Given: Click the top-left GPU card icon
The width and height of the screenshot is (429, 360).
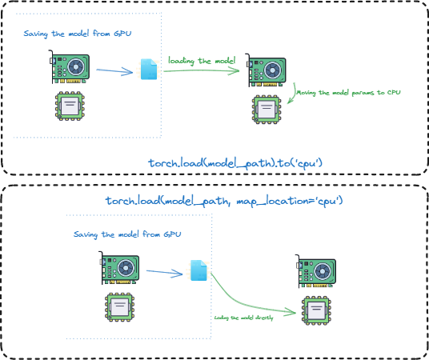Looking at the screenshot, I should (x=71, y=69).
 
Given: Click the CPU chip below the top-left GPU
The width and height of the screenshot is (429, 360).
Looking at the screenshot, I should (x=70, y=106).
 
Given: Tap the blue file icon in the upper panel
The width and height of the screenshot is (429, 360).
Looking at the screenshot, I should (x=149, y=70).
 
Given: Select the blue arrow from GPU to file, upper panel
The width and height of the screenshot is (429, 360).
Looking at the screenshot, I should (x=114, y=71).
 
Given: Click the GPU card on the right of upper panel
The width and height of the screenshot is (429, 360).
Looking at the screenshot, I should (x=267, y=71).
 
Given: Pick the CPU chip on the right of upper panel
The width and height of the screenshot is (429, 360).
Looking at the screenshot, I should (x=267, y=108).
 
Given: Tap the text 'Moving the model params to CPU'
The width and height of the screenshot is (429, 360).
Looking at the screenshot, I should (x=347, y=93).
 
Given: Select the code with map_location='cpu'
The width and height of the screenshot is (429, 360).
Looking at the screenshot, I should (x=224, y=200).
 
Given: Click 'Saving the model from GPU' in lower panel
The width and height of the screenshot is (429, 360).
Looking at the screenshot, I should (x=127, y=234).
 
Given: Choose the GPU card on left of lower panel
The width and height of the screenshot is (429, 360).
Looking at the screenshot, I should (x=119, y=270).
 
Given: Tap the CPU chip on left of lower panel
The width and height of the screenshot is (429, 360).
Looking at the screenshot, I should (x=118, y=306).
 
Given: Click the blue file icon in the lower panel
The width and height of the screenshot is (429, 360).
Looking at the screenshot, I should (x=198, y=270).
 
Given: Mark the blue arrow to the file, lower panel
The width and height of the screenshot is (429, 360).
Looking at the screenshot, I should (x=164, y=273).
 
